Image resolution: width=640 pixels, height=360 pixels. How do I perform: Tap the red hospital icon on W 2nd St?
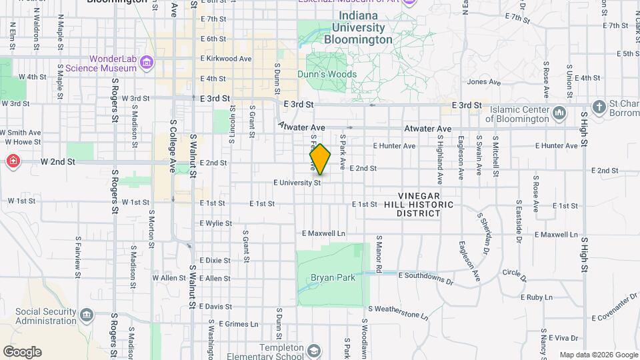tap(12, 161)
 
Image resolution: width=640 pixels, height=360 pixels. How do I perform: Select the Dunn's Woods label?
tap(327, 75)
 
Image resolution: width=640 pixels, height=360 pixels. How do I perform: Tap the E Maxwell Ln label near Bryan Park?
tap(323, 234)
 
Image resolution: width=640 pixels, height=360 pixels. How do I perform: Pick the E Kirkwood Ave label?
tap(226, 59)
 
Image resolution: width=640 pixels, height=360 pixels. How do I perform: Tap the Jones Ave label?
tap(483, 82)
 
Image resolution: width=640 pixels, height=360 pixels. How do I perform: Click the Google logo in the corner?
tap(22, 352)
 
